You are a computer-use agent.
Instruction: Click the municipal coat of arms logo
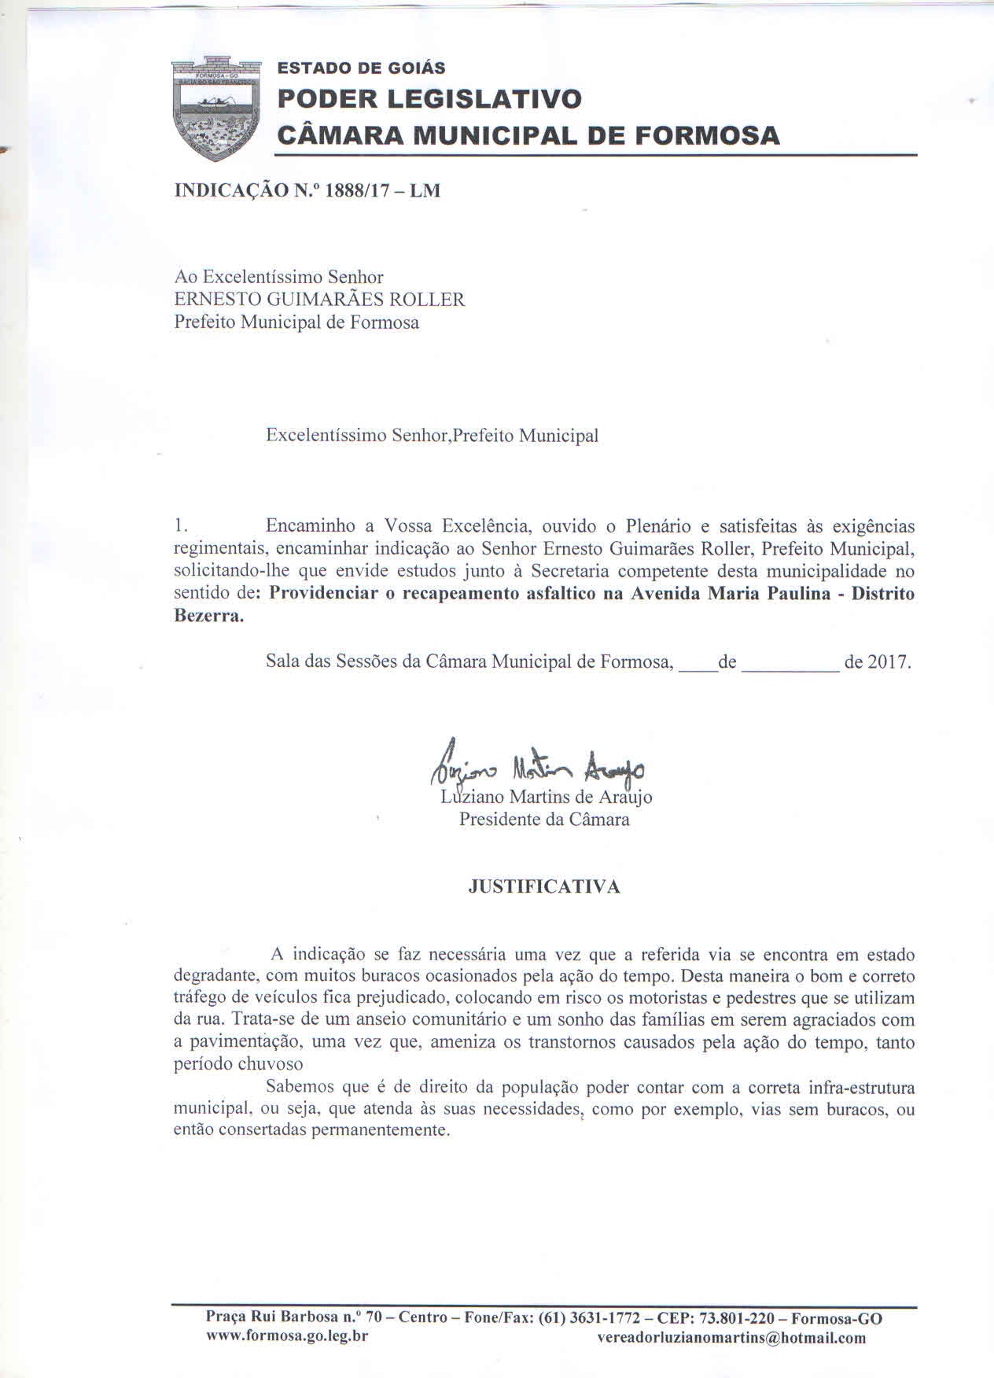point(215,107)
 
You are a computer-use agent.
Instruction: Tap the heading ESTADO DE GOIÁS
point(361,68)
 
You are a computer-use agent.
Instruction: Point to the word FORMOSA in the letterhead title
point(707,135)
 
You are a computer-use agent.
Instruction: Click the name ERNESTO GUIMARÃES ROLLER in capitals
point(319,300)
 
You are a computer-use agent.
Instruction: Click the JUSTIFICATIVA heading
point(544,887)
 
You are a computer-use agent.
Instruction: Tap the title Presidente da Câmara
point(544,820)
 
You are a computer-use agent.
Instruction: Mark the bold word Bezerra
point(208,616)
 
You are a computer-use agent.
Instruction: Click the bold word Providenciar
point(323,594)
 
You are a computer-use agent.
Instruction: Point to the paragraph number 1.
point(180,525)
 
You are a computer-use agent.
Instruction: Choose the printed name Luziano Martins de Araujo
point(547,798)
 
